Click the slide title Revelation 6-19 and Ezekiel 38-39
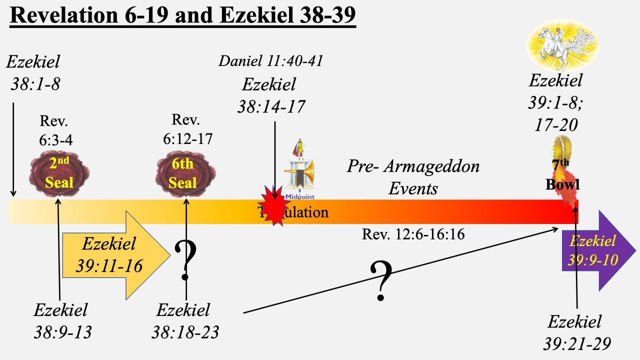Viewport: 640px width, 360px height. click(182, 15)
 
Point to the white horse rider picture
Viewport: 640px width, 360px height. click(556, 45)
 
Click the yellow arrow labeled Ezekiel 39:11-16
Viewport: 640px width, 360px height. click(115, 255)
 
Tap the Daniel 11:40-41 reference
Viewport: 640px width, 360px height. click(270, 61)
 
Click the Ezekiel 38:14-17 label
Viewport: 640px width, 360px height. click(273, 95)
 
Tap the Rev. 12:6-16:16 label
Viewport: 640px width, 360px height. click(413, 233)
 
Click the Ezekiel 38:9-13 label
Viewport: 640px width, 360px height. click(62, 321)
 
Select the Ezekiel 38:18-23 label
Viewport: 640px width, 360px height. click(184, 321)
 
